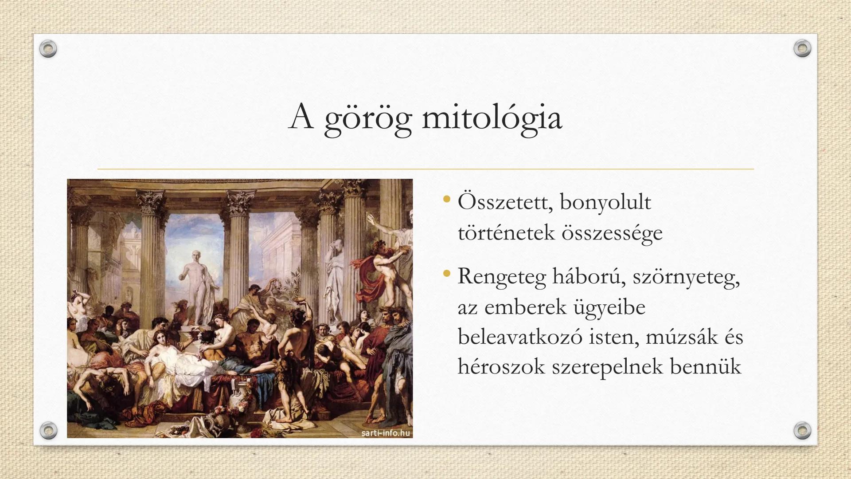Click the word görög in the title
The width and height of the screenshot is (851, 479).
[368, 119]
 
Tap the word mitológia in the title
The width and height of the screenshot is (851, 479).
[492, 118]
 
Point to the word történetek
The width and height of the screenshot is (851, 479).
[506, 232]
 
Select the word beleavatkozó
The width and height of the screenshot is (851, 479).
[519, 337]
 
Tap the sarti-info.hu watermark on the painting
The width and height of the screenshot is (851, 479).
[386, 432]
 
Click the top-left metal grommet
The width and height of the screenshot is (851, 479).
[48, 48]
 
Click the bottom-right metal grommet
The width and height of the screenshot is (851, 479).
[802, 430]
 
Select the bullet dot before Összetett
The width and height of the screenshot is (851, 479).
[446, 199]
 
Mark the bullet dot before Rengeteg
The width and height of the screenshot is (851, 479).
[446, 273]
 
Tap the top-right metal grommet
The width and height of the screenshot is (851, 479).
[802, 48]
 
